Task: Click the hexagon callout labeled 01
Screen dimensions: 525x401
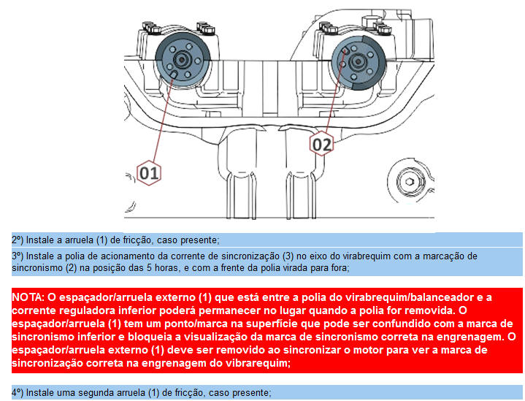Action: click(x=149, y=173)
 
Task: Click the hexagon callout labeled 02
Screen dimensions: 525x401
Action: click(x=321, y=144)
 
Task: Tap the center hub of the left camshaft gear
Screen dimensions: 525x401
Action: click(x=182, y=60)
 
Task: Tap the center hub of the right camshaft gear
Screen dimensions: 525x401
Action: click(x=358, y=61)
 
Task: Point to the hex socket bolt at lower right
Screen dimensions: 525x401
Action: click(x=409, y=182)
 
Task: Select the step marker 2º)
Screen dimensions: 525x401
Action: click(x=18, y=240)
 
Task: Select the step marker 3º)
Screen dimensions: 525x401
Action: click(x=18, y=256)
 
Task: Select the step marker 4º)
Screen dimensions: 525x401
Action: click(x=18, y=392)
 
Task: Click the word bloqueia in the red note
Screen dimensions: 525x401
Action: click(x=150, y=337)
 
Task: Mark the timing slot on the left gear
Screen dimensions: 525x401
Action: click(x=173, y=75)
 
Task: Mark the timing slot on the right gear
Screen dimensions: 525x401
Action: click(x=346, y=50)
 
